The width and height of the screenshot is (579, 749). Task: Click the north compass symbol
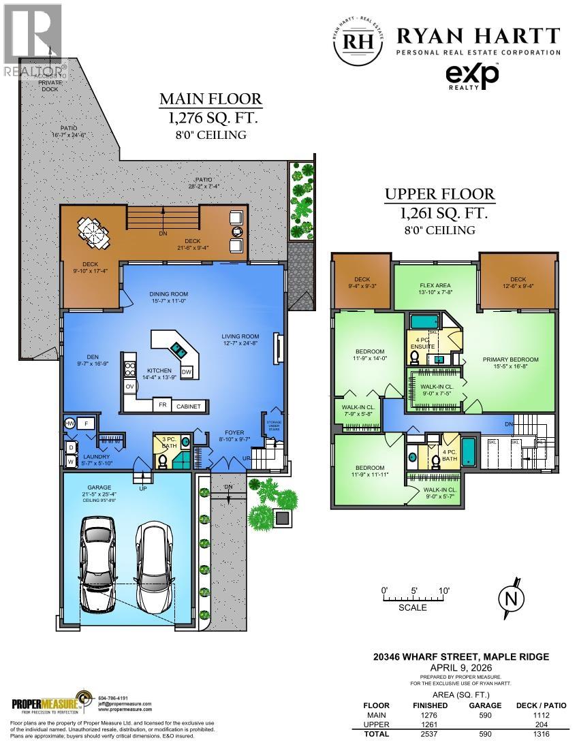[512, 599]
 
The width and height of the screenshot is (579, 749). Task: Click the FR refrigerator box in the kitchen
[163, 405]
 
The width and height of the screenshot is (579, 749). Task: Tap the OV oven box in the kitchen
[129, 387]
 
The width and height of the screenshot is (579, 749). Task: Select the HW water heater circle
[69, 424]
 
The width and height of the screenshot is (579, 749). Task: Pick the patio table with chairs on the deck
[91, 233]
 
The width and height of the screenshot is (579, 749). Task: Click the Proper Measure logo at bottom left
[48, 703]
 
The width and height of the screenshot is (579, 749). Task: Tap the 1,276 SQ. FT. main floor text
[210, 117]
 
